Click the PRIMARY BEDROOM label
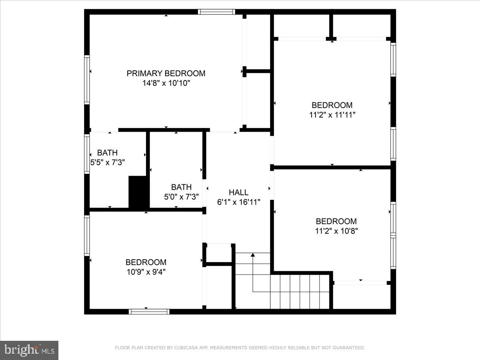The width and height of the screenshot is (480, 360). click(x=166, y=74)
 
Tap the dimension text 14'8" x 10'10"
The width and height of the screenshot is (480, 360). click(x=166, y=84)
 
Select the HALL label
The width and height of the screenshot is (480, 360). click(x=238, y=192)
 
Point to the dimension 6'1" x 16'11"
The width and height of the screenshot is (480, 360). click(x=238, y=202)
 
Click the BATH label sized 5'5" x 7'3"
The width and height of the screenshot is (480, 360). click(x=108, y=153)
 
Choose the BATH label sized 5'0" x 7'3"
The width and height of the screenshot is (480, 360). click(x=181, y=187)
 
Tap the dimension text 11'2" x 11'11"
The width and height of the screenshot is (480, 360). click(x=332, y=115)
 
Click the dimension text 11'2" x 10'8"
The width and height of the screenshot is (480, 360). click(x=336, y=231)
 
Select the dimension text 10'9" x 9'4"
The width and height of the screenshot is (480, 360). click(x=146, y=272)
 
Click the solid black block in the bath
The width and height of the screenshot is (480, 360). click(x=138, y=192)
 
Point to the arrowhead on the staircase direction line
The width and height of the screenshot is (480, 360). click(x=252, y=255)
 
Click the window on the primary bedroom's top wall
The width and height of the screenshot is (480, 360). click(x=217, y=12)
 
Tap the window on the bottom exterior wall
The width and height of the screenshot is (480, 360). click(x=149, y=312)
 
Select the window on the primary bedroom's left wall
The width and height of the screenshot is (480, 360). click(x=86, y=80)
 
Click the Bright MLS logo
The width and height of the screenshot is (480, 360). click(x=29, y=350)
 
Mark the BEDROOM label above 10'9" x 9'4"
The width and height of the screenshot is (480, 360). click(x=146, y=262)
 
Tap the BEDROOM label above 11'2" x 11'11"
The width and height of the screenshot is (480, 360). click(x=332, y=105)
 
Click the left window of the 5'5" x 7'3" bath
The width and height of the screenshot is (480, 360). click(x=86, y=154)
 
